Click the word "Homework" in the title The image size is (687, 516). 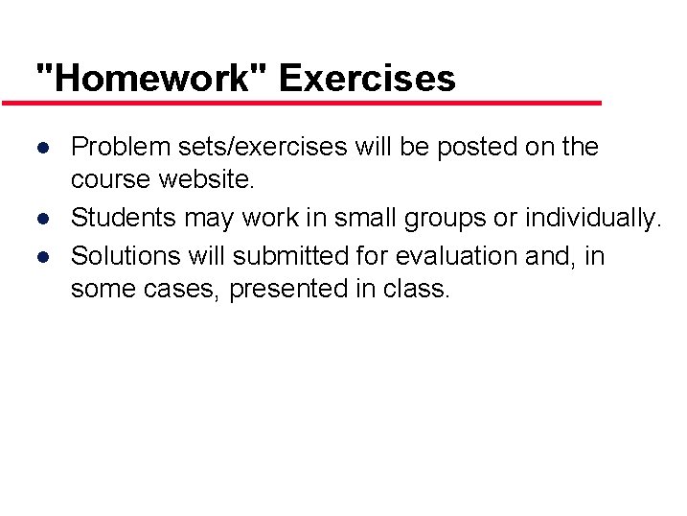point(149,78)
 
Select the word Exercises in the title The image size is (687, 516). point(367,78)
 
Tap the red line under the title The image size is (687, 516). point(301,103)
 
